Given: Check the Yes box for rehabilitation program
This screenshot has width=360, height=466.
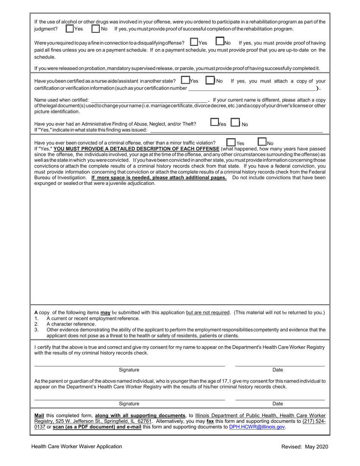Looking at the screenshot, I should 70,29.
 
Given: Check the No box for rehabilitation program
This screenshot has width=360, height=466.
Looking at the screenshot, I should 95,29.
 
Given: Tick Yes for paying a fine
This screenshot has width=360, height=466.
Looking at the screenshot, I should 194,42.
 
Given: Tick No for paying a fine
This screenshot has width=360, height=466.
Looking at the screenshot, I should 220,42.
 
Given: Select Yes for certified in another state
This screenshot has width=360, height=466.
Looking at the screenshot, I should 185,80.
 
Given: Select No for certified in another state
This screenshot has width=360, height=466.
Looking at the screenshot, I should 210,80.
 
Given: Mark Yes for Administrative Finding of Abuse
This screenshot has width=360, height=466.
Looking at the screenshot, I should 214,123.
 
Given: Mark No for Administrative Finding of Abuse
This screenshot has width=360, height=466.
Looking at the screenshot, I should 235,123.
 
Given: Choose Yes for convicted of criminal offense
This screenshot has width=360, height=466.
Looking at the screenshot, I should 231,142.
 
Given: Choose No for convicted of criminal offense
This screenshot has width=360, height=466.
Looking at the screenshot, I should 262,142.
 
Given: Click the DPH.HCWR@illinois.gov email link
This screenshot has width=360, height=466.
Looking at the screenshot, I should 257,427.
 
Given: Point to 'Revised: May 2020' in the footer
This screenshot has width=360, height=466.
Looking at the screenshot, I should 304,447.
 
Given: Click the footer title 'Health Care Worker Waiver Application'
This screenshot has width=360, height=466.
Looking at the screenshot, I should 77,447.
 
